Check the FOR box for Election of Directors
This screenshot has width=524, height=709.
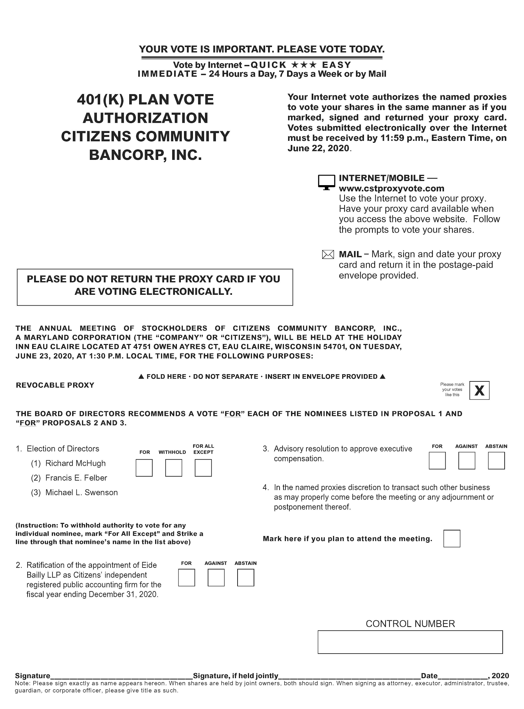click(144, 468)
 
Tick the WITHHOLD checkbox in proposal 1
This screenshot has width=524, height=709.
click(174, 468)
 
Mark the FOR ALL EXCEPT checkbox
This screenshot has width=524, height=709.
click(203, 468)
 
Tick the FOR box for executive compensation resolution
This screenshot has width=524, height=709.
click(437, 461)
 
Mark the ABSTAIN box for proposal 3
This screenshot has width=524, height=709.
click(496, 461)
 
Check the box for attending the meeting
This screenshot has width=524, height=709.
click(451, 538)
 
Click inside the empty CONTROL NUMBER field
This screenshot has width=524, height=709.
click(410, 642)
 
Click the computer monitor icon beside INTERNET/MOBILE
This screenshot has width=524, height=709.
click(326, 182)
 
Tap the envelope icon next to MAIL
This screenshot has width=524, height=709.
click(328, 254)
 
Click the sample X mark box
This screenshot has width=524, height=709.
click(479, 390)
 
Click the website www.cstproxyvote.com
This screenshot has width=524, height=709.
click(391, 188)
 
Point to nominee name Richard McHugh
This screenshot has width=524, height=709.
click(75, 463)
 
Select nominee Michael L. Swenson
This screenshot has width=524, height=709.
click(81, 492)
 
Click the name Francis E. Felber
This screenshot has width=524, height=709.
click(76, 478)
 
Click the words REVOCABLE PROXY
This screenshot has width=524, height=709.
click(55, 385)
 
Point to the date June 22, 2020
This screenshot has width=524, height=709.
click(318, 148)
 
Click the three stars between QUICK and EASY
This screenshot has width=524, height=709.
click(304, 65)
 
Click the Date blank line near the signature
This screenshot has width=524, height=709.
click(463, 675)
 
